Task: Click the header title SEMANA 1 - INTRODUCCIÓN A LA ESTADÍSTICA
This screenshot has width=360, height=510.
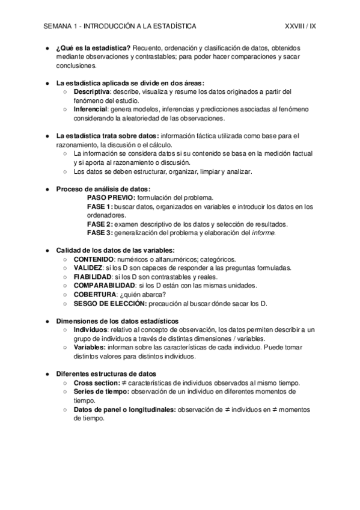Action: pos(120,26)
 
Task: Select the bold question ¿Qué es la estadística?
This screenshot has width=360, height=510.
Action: pos(93,48)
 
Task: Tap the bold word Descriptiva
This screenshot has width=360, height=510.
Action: pos(91,91)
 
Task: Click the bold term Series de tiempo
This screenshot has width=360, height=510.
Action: pos(101,392)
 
